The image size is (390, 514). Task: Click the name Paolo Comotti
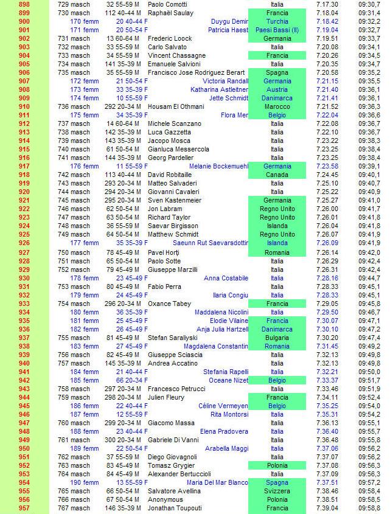pos(168,4)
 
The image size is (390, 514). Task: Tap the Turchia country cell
pos(277,21)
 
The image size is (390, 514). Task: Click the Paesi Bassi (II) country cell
pos(277,30)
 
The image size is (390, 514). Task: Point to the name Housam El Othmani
pos(176,106)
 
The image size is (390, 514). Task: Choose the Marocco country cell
pos(277,106)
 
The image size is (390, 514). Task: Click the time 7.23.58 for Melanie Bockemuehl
pos(327,166)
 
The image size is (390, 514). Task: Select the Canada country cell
pos(277,175)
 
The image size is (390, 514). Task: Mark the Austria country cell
pos(277,89)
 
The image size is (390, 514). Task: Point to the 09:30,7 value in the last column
pos(369,4)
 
